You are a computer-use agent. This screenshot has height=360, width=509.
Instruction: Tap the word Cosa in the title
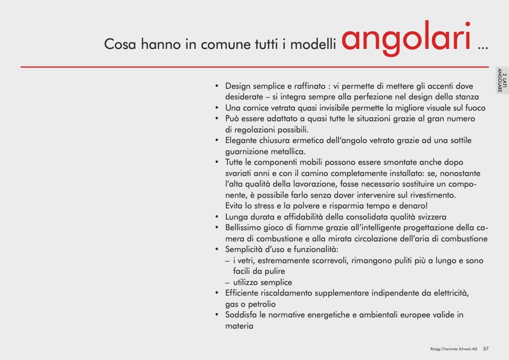click(x=120, y=44)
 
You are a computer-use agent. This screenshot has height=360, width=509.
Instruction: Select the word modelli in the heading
click(x=313, y=44)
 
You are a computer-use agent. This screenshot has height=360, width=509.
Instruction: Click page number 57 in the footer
click(x=486, y=349)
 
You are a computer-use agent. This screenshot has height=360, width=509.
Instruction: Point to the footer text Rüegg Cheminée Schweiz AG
click(x=454, y=349)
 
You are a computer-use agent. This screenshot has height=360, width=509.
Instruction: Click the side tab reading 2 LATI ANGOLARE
click(x=502, y=80)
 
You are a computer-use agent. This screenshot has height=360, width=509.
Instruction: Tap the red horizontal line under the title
click(x=254, y=67)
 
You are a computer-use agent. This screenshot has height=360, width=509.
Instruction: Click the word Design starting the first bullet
click(x=238, y=87)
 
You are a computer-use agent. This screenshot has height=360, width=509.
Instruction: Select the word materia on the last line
click(x=239, y=326)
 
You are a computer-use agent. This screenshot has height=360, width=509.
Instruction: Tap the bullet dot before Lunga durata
click(x=217, y=217)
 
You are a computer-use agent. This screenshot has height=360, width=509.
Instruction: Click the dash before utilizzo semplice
click(x=227, y=283)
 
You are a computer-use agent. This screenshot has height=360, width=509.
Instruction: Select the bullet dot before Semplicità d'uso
click(x=217, y=249)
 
